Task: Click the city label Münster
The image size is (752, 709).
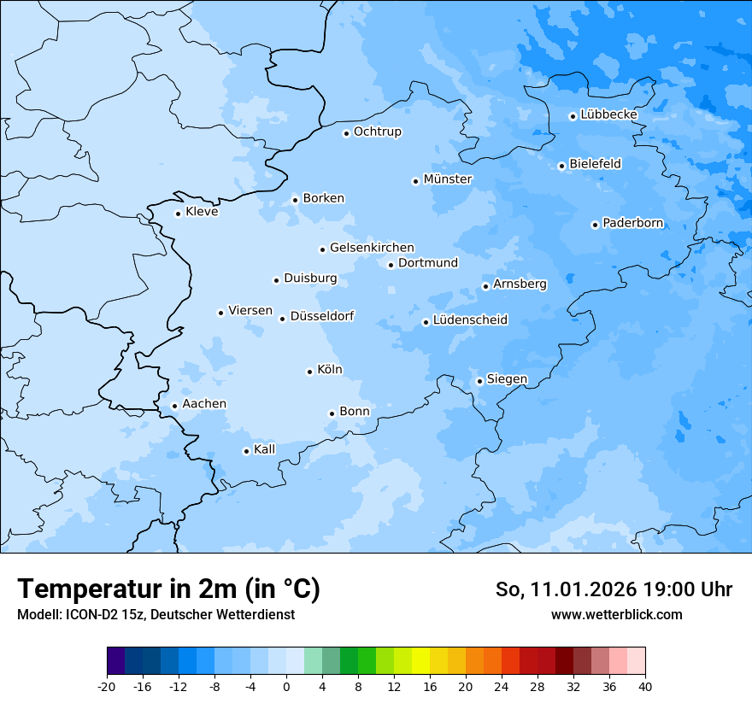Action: coord(448,179)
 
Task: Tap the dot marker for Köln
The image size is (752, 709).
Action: coord(309,372)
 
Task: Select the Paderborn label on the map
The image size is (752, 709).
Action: coord(633,223)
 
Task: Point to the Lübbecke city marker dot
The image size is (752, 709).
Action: coord(573,116)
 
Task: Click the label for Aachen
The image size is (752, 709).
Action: coord(204,404)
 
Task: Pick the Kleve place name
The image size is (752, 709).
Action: coord(202,212)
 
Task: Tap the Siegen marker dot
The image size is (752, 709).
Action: coord(479,381)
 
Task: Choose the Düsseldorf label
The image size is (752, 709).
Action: coord(322,316)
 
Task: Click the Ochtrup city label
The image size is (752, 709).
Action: coord(378,132)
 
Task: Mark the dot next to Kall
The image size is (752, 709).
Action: coord(246,451)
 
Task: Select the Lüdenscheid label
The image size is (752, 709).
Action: coord(470,320)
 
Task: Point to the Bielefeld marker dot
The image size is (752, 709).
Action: coord(561,166)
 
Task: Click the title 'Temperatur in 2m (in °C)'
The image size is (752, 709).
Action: coord(168,589)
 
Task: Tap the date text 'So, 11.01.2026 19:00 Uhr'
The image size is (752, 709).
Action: coord(614,589)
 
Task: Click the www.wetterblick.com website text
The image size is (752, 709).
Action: coord(616,614)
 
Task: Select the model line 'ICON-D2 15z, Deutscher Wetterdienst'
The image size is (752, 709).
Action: coord(156,614)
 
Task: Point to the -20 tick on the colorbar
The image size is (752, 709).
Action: coord(107,686)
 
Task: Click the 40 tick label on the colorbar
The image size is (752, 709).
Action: coord(644,686)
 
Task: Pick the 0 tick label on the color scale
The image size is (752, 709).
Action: coord(286,686)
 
